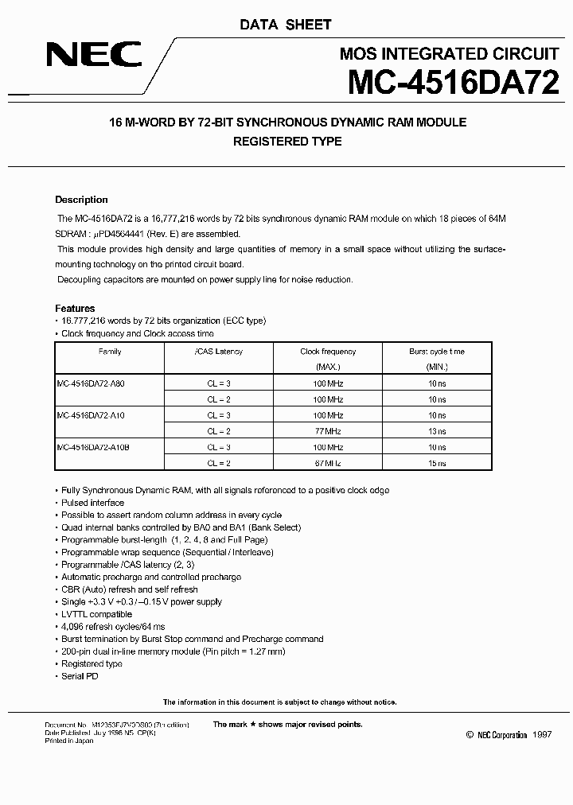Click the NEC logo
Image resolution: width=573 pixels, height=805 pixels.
(x=94, y=54)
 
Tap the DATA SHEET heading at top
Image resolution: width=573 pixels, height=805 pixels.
(x=286, y=25)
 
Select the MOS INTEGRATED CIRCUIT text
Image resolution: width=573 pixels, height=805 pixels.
(x=449, y=54)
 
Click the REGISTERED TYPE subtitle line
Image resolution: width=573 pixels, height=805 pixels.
(x=286, y=142)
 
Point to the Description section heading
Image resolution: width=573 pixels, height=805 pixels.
(x=81, y=200)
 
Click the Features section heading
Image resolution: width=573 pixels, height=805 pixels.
(x=75, y=308)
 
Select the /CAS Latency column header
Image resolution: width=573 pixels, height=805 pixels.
(x=218, y=351)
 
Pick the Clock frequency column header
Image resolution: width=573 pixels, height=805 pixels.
(x=328, y=351)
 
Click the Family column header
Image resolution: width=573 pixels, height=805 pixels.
(x=110, y=351)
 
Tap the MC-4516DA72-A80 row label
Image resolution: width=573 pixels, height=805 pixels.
(x=91, y=383)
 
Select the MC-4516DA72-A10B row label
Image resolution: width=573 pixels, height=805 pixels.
(x=93, y=446)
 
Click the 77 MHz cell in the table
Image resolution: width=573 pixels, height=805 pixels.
(x=328, y=430)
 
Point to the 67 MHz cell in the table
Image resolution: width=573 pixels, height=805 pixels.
(x=328, y=462)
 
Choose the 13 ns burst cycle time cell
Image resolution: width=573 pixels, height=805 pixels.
(x=437, y=430)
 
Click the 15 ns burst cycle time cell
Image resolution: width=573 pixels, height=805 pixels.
(x=437, y=462)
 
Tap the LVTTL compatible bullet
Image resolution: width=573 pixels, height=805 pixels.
(x=96, y=614)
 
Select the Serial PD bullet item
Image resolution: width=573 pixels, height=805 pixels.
(x=80, y=675)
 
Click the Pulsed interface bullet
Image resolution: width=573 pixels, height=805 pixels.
(x=92, y=503)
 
